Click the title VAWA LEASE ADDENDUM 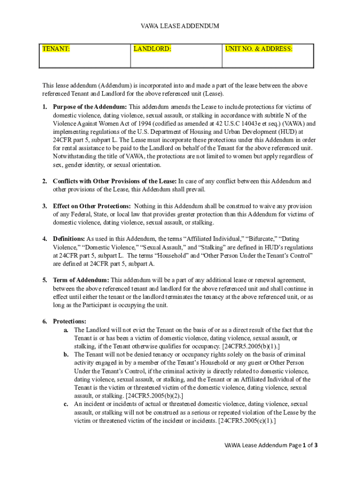pos(180,26)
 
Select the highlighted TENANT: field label pos(56,49)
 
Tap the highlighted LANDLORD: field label pos(152,49)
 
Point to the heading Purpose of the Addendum pos(90,107)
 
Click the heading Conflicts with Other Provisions pos(115,181)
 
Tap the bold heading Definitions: pos(69,239)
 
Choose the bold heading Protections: pos(69,321)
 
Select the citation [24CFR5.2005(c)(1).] pos(247,421)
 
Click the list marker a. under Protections pos(66,330)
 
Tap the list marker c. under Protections pos(66,404)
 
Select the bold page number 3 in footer pos(316,446)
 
